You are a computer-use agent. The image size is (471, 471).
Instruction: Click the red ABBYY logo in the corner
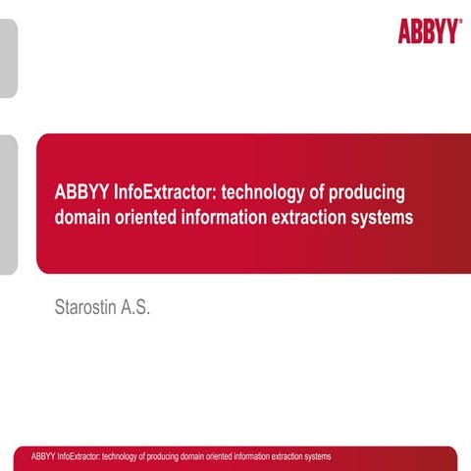coord(428,31)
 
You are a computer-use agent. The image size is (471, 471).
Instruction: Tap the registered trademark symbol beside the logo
coord(460,21)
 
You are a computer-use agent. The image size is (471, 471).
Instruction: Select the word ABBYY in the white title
coord(82,192)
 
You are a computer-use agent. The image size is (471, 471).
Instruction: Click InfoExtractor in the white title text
coord(164,192)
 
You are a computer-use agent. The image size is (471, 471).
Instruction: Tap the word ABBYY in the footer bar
coord(43,457)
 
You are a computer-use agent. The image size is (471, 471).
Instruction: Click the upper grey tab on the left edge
coord(8,59)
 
